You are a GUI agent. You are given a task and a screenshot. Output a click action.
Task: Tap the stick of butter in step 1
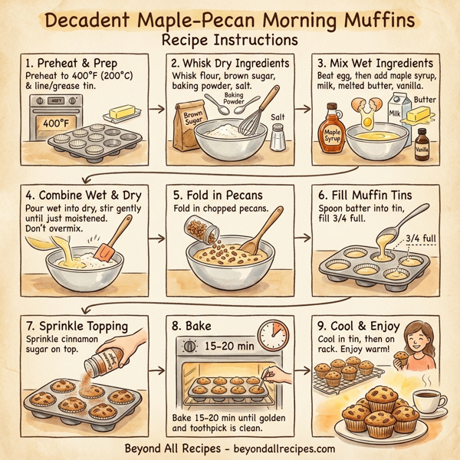coord(123,114)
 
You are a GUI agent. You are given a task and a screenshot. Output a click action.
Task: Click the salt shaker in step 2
coord(278,136)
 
